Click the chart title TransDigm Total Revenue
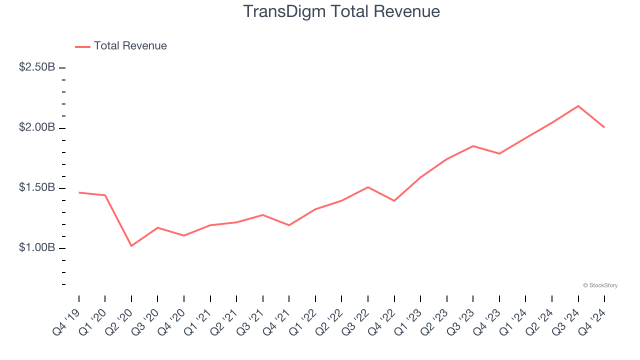tap(341, 11)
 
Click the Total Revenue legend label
tap(130, 46)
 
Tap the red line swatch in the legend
tap(82, 46)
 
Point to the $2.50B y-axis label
tap(37, 67)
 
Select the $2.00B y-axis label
tap(37, 127)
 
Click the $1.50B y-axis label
tap(37, 187)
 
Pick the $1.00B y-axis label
tap(37, 248)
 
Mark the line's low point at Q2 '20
tap(131, 246)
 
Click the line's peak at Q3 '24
tap(578, 106)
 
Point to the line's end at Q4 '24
tap(604, 127)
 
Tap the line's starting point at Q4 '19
tap(79, 192)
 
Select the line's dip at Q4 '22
tap(394, 201)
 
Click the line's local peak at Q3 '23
tap(473, 146)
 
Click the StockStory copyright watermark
tap(600, 285)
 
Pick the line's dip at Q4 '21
tap(289, 225)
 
